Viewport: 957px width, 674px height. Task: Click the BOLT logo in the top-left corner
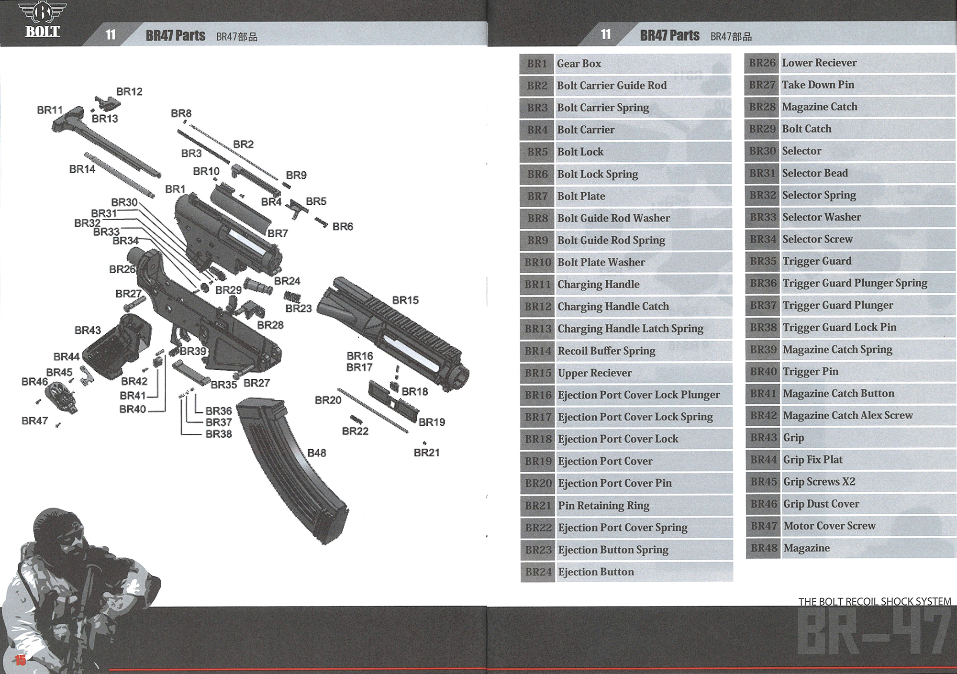point(42,20)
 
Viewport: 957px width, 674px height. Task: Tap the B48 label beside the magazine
point(316,453)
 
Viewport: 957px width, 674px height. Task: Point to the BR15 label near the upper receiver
point(405,300)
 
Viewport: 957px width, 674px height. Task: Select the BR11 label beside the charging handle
point(50,110)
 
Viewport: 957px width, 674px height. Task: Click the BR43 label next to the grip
point(88,330)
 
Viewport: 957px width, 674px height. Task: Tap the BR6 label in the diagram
point(343,226)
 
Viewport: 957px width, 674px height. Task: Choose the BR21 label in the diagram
point(426,453)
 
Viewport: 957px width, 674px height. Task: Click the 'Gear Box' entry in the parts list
point(579,64)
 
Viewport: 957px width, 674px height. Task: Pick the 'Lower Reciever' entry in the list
point(819,63)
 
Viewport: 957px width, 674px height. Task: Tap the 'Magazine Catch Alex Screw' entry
point(847,415)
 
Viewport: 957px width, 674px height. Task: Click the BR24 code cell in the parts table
point(538,572)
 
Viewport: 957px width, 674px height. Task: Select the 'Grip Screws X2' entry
point(819,482)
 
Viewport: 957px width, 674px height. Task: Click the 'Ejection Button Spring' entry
point(613,550)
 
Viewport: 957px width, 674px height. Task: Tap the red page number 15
point(20,661)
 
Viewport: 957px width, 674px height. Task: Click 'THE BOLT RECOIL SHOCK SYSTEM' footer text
point(874,602)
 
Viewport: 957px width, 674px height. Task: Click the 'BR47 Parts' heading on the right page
point(669,35)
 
